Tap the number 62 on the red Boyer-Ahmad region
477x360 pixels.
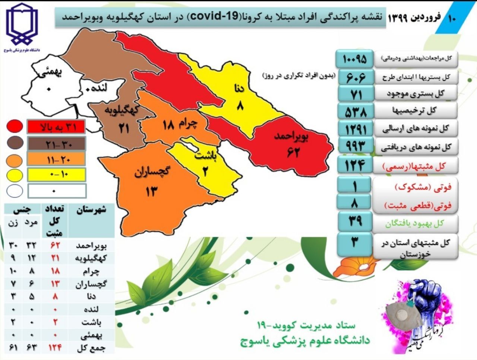coord(293,152)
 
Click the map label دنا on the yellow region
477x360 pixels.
coord(238,89)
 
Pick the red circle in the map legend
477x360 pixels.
coord(15,127)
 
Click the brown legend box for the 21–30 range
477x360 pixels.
coord(56,143)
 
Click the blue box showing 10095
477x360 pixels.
coord(354,58)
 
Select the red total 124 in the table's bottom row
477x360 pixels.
coord(55,348)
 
